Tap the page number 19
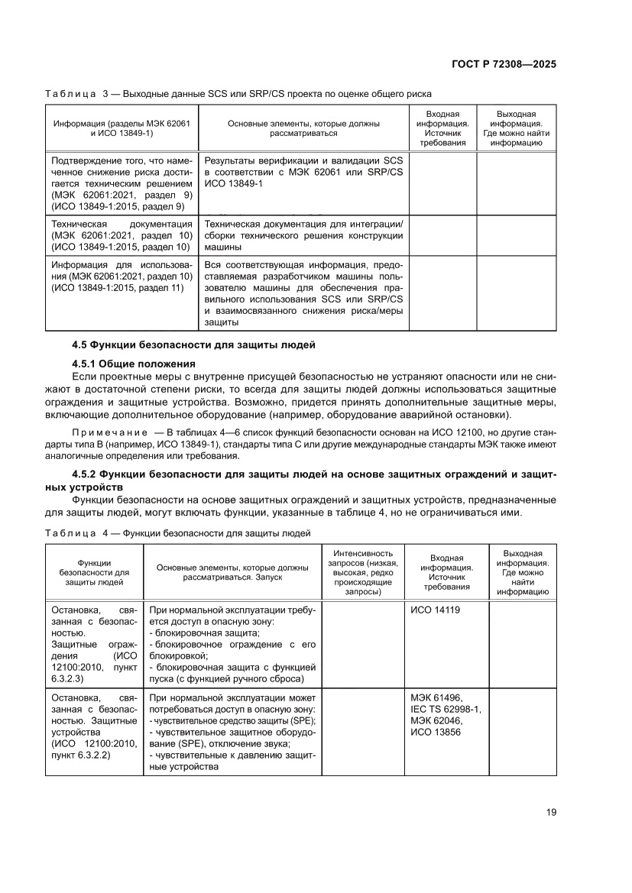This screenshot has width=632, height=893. point(550,812)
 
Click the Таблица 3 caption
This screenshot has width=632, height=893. point(238,94)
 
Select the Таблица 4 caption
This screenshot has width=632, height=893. point(178,532)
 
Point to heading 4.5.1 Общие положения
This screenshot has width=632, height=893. point(134,363)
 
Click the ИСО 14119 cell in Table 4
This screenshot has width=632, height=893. point(436,610)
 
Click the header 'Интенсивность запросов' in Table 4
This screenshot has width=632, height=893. point(365,572)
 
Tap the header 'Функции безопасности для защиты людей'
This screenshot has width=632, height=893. point(95,572)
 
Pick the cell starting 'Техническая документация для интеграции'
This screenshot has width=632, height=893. point(303,235)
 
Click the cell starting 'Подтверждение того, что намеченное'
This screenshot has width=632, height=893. point(122,183)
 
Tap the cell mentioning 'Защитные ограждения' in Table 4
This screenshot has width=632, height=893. point(94,644)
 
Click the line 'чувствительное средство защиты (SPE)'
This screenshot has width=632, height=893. point(234,720)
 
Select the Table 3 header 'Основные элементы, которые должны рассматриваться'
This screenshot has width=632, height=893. point(303,128)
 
